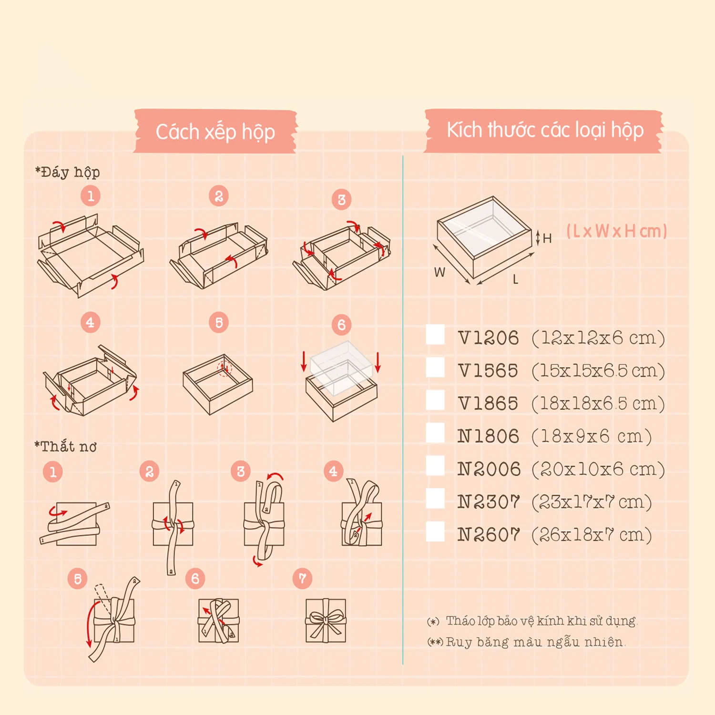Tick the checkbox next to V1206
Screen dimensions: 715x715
435,335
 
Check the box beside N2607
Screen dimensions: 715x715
435,531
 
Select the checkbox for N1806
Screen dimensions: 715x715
435,433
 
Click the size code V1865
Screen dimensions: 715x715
488,404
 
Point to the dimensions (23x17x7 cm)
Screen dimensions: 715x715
592,502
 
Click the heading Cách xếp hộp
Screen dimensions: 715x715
215,132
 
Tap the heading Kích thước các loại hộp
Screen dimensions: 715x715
545,130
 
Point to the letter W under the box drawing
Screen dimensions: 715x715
439,272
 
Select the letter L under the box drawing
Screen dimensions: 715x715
515,279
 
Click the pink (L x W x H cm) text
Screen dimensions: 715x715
616,231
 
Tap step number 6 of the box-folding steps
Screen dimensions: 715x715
341,325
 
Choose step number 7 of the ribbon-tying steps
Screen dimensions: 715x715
302,579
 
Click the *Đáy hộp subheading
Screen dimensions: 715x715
67,172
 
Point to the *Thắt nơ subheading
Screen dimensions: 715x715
66,447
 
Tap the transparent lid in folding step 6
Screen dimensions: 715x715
341,367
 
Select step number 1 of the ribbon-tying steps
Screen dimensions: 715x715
53,472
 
